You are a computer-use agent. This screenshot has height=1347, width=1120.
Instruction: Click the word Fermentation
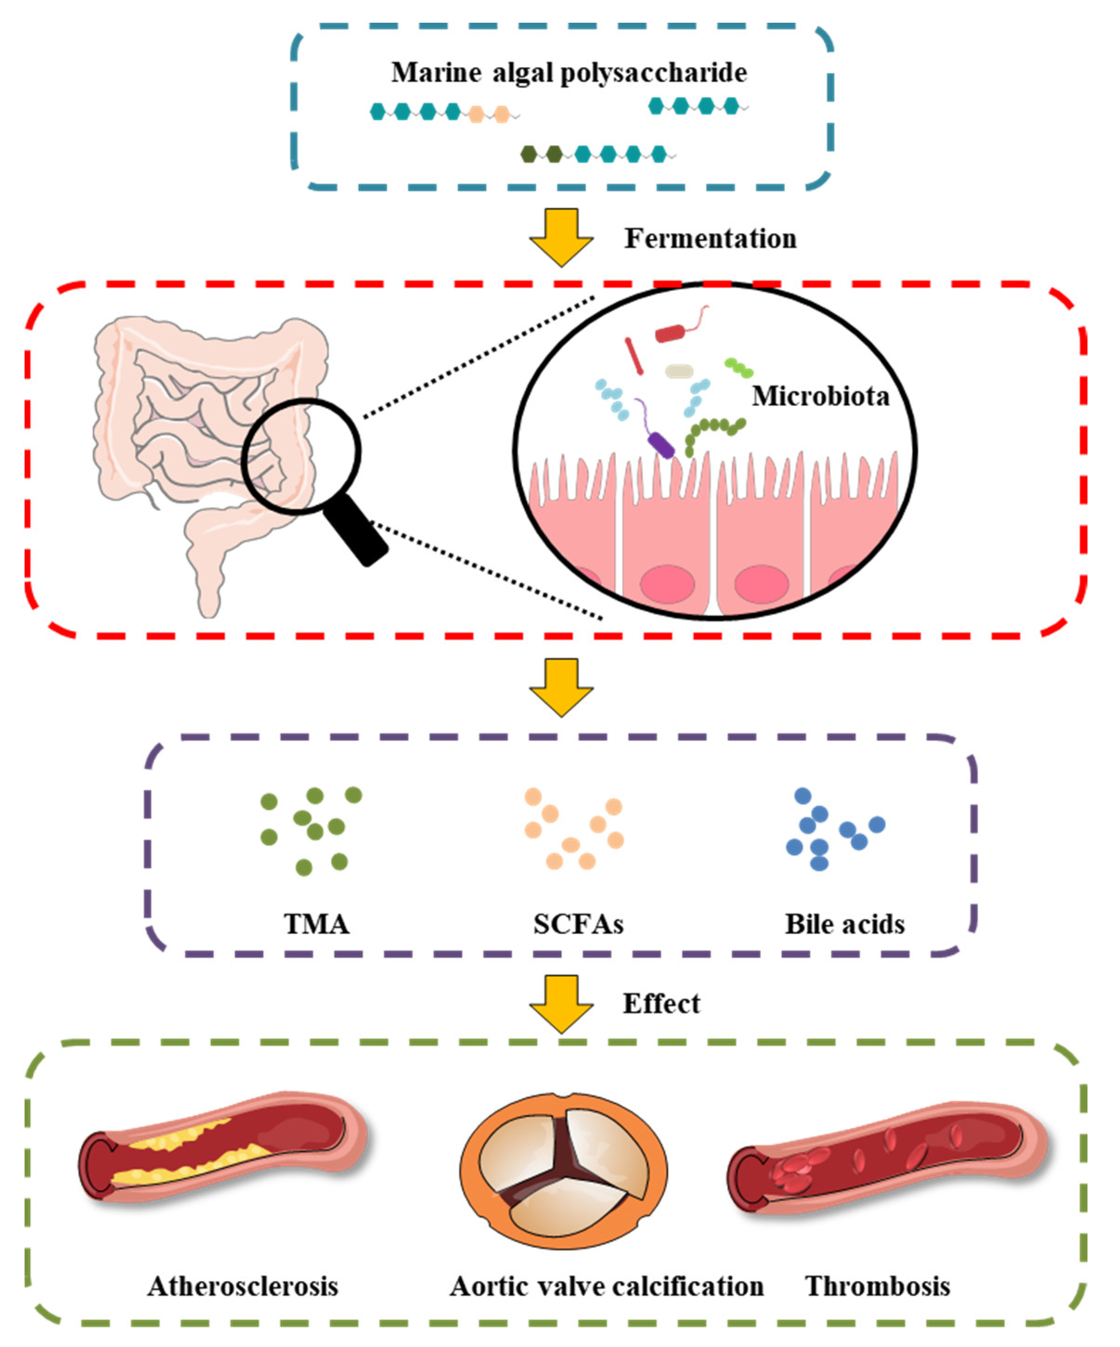tap(710, 238)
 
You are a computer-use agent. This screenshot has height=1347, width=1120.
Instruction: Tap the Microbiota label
tap(821, 396)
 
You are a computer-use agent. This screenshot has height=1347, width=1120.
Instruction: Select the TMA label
tap(317, 924)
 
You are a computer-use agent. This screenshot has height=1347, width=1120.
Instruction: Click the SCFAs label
tap(578, 924)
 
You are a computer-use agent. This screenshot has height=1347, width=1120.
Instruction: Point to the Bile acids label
tap(845, 924)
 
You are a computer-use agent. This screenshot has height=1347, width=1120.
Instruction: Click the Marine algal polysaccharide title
tap(569, 72)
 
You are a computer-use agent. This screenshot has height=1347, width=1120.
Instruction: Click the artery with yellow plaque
tap(225, 1148)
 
